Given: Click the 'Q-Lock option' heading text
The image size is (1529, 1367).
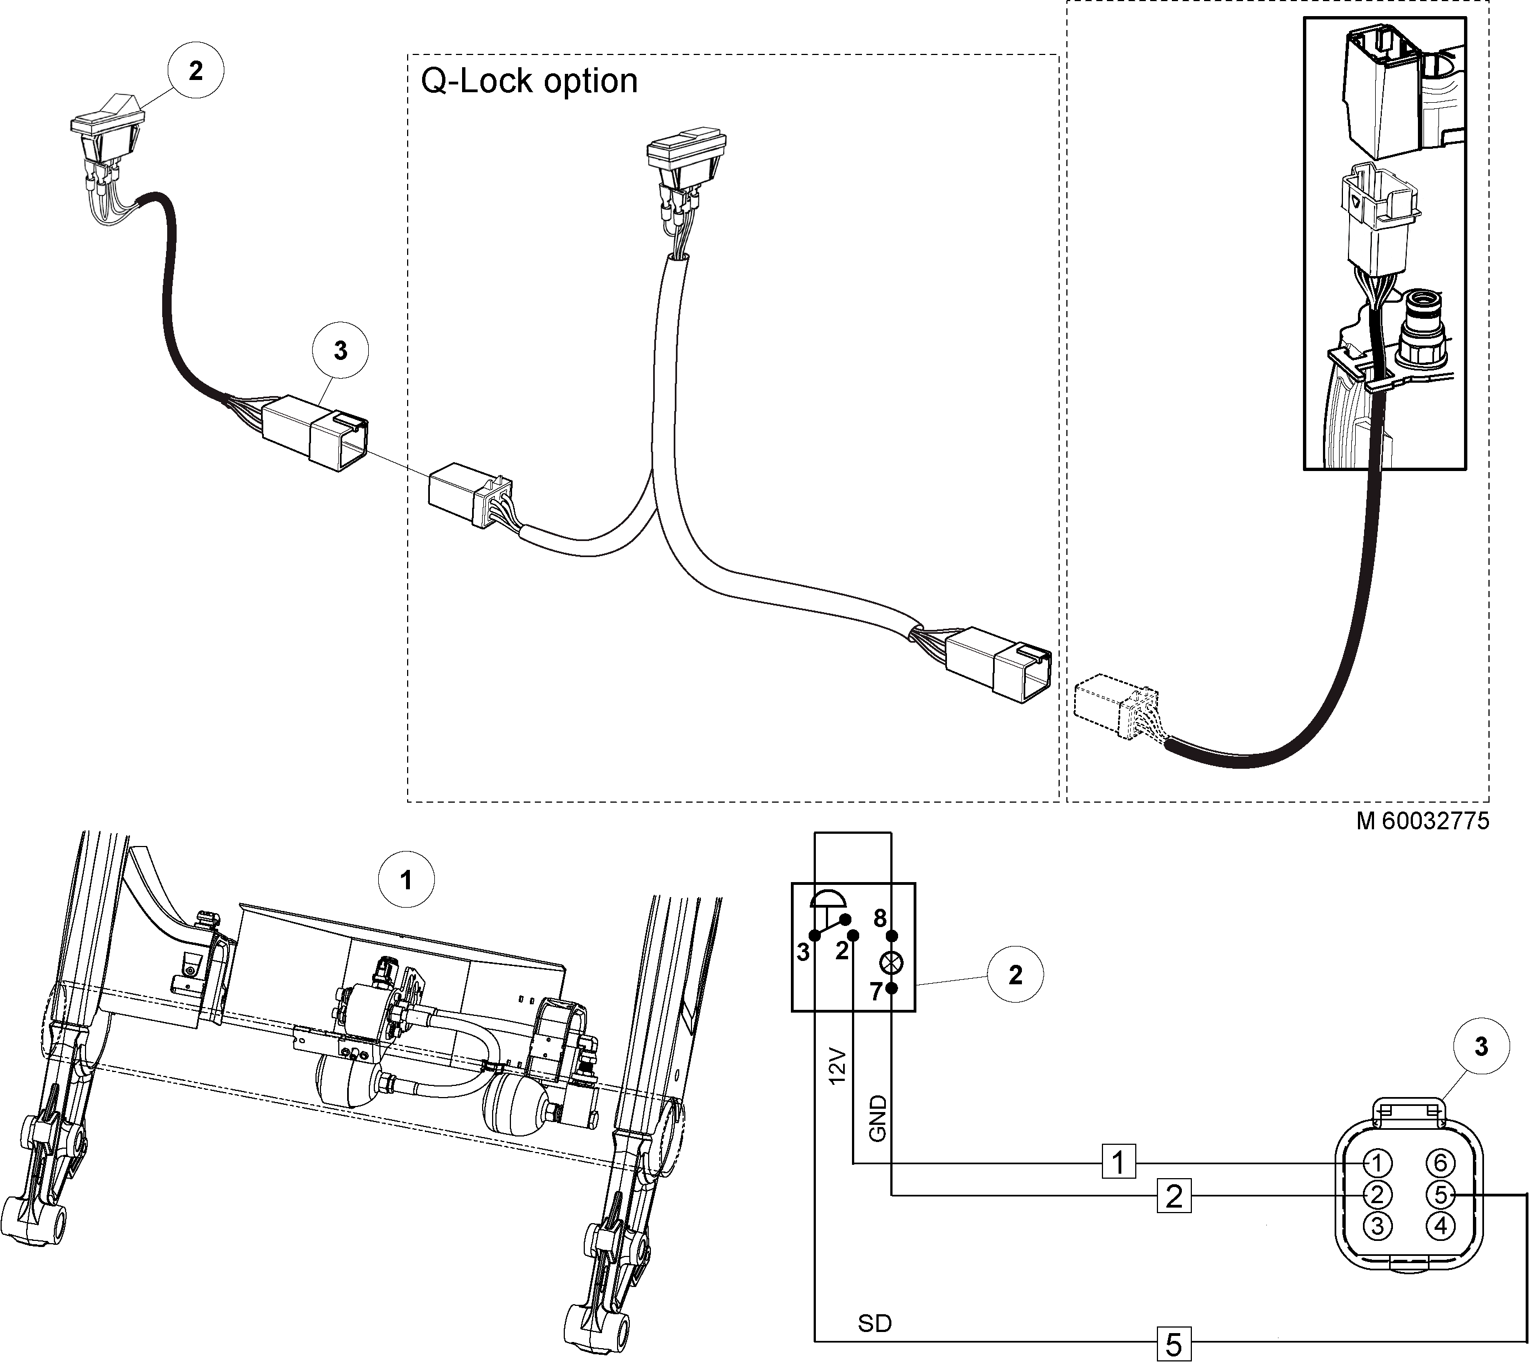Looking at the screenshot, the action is (x=529, y=81).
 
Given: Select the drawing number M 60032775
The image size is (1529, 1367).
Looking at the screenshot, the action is (x=1422, y=821).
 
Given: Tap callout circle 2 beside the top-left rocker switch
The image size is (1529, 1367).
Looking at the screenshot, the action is (x=195, y=71).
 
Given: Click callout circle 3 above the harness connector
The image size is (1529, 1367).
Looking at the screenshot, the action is (x=340, y=350).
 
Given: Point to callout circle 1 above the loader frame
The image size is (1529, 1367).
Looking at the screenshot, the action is (x=407, y=879).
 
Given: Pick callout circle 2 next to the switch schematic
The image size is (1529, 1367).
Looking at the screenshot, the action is (x=1015, y=975).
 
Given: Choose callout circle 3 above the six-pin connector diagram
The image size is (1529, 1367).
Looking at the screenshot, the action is (x=1481, y=1046).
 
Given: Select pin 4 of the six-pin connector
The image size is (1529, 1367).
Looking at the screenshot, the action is (x=1440, y=1226).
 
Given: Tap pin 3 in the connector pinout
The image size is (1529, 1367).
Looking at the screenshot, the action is (x=1377, y=1226).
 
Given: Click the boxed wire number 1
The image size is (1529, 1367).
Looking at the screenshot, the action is (x=1118, y=1162).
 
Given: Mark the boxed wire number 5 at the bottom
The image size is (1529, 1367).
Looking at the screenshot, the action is (x=1174, y=1344).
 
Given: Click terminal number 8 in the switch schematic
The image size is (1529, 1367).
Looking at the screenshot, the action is (x=880, y=918).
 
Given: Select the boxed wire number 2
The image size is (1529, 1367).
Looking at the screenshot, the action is (x=1174, y=1195).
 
